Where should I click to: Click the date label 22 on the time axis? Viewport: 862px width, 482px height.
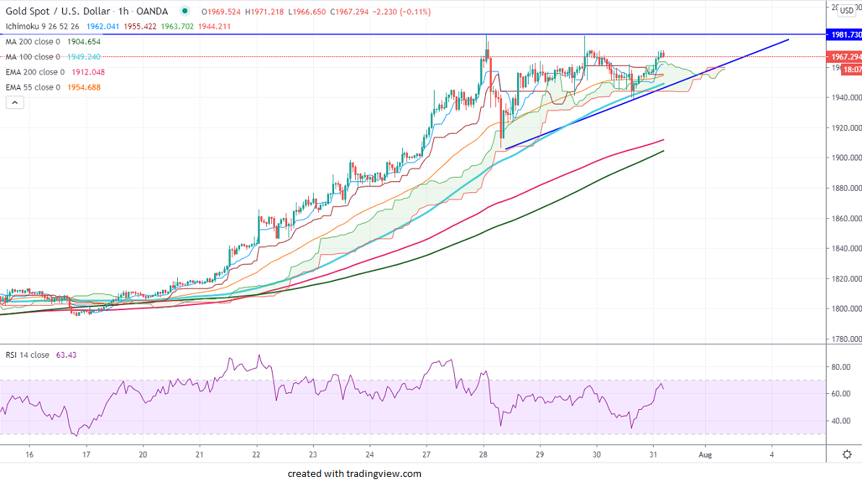(257, 455)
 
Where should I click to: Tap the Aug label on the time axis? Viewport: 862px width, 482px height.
(706, 455)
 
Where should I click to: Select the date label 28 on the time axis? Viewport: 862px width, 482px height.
(483, 455)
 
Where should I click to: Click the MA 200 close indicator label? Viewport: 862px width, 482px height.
(33, 42)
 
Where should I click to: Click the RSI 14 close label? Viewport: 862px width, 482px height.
(27, 355)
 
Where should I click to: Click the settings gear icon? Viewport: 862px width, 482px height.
(847, 455)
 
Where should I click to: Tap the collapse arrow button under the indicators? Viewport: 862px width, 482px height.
(14, 103)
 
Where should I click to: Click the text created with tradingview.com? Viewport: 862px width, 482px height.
(354, 474)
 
